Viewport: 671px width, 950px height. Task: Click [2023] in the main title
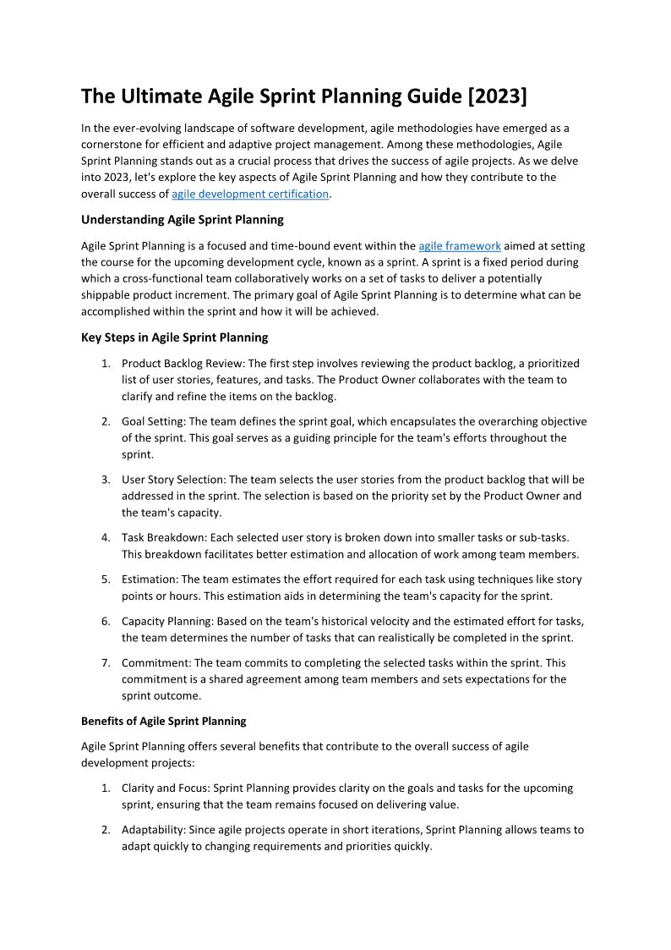pos(497,97)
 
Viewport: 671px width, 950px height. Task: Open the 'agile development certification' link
pos(249,194)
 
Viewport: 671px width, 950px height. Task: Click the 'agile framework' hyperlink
pos(460,246)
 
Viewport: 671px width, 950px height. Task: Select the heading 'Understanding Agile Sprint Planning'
pos(182,220)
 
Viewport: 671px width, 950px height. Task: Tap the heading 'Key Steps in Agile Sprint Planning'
pos(174,338)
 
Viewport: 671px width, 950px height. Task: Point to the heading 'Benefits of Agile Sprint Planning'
pos(164,722)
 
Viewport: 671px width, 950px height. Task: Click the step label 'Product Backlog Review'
pos(180,364)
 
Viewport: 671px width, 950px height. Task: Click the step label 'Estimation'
pos(150,579)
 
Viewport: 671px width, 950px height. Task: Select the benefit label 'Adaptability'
pos(153,830)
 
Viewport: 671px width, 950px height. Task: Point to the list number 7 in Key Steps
pos(106,663)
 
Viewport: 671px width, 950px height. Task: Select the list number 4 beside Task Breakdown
pos(106,538)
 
